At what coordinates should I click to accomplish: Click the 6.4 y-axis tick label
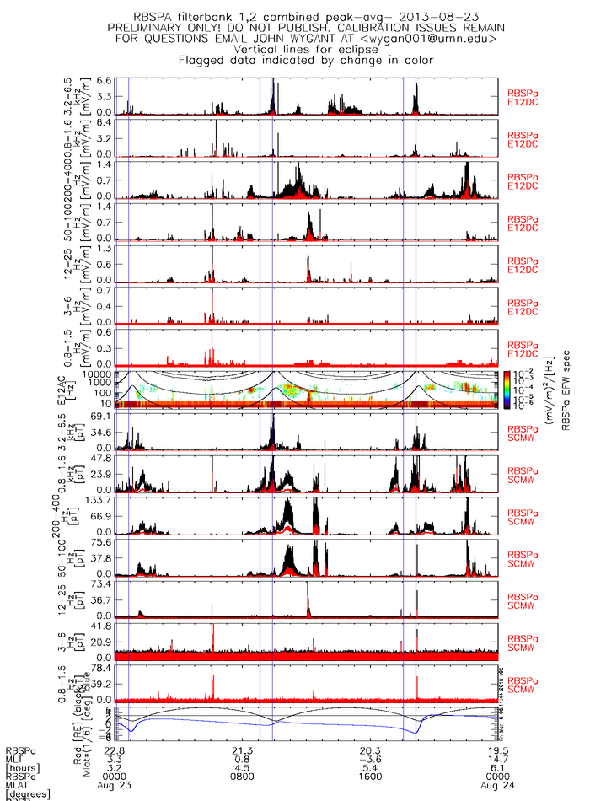105,123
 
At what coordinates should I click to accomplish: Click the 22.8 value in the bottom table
115,750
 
